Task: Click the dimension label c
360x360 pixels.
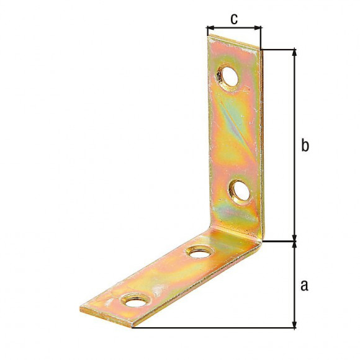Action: [x=233, y=19]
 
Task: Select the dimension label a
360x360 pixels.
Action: [x=304, y=285]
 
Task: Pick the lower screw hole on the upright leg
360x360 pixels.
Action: [x=239, y=190]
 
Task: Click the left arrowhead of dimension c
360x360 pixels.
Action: [x=209, y=28]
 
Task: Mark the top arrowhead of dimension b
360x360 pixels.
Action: [x=294, y=53]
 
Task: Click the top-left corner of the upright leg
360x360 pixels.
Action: [x=207, y=35]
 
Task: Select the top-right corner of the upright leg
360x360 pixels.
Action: [x=260, y=50]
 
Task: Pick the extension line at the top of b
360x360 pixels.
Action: [x=279, y=49]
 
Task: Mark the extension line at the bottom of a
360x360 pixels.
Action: [x=217, y=327]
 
